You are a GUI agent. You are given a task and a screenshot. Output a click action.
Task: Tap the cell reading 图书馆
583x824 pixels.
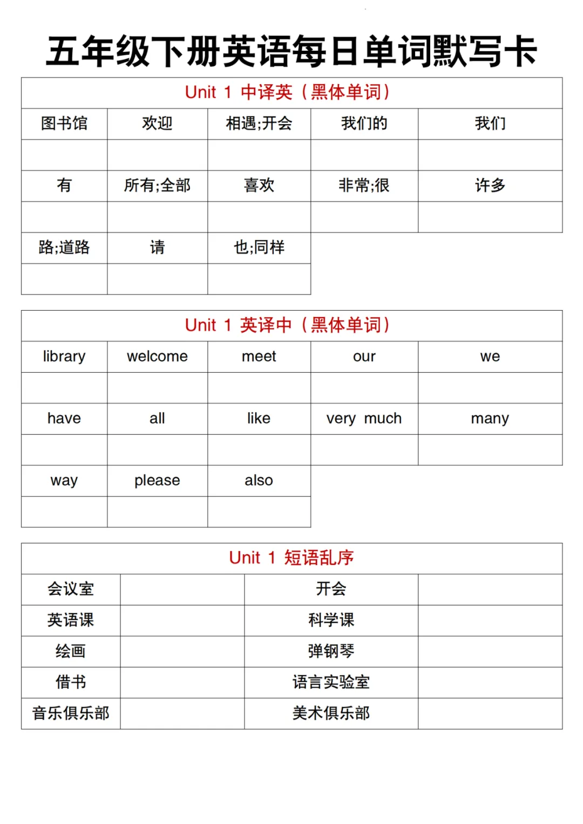click(x=64, y=123)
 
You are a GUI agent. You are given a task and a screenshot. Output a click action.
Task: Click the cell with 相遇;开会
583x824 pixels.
click(x=259, y=123)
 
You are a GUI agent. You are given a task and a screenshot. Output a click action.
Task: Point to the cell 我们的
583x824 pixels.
click(x=364, y=123)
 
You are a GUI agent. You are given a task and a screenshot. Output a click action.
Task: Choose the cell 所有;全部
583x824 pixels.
click(x=157, y=186)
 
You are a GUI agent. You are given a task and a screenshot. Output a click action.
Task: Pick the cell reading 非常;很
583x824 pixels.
click(x=364, y=186)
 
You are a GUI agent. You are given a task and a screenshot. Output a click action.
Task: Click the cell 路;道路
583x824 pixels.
click(x=64, y=248)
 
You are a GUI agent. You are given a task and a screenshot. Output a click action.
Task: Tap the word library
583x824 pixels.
click(x=64, y=356)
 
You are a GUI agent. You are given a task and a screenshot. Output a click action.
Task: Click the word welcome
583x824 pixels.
click(x=157, y=356)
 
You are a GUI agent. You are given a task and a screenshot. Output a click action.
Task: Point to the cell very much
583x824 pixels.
click(x=364, y=418)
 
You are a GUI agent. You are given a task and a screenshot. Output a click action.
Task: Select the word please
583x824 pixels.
click(x=157, y=480)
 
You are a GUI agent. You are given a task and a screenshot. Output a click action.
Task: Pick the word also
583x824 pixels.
click(x=259, y=480)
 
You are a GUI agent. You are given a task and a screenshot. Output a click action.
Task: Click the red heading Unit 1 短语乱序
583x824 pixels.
click(x=291, y=558)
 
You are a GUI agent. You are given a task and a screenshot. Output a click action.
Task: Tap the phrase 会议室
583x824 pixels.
click(x=71, y=589)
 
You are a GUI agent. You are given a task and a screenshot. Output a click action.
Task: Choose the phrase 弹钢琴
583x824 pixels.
click(x=331, y=651)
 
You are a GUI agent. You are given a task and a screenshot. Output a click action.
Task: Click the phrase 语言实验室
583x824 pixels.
click(x=331, y=682)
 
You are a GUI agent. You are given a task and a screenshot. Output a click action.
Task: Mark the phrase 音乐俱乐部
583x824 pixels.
click(x=71, y=713)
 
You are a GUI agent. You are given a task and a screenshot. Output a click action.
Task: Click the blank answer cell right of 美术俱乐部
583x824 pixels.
click(x=490, y=713)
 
